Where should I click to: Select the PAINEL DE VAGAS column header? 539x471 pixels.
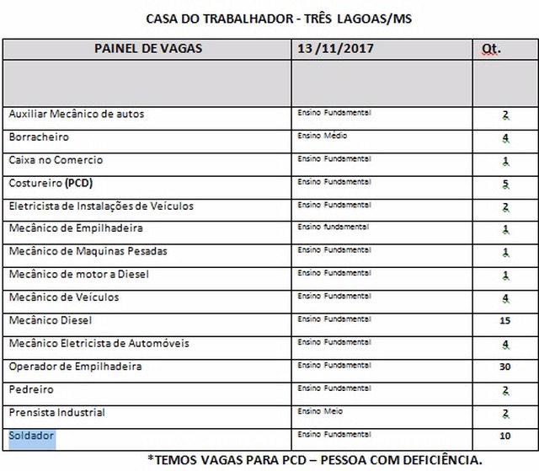point(147,49)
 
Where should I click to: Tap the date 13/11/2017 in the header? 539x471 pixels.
point(335,49)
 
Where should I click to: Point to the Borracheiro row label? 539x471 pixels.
point(39,136)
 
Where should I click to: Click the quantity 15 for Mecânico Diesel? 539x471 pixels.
point(505,321)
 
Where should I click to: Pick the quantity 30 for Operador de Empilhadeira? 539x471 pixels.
point(505,367)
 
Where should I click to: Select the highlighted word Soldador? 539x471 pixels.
point(32,436)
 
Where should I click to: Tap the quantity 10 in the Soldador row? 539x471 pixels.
point(505,436)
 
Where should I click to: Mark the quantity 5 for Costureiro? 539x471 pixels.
point(505,183)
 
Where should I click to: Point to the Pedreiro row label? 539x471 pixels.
point(31,390)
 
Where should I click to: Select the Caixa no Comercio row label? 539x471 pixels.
point(56,160)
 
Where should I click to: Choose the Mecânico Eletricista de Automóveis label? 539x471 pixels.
point(99,344)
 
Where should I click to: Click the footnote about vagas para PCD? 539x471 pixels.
point(315,459)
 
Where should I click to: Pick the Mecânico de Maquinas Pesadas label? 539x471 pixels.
point(88,251)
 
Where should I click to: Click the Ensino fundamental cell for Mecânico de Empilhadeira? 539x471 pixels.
point(334,227)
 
